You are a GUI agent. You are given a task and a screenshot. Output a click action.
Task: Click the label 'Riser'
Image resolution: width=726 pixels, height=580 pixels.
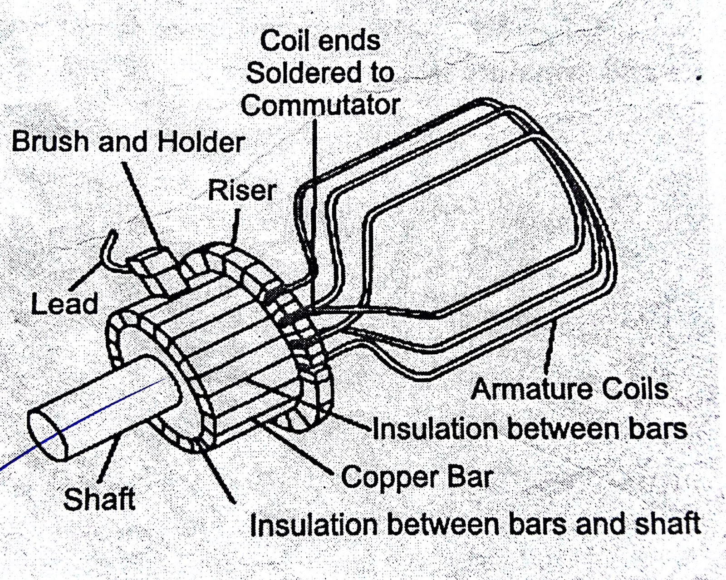[242, 190]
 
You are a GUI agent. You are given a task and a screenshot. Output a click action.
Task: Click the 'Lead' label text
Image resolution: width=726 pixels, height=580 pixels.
[64, 303]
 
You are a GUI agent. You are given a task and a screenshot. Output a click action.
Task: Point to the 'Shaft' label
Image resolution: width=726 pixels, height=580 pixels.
[99, 499]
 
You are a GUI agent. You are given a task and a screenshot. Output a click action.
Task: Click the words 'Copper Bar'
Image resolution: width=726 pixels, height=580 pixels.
[417, 477]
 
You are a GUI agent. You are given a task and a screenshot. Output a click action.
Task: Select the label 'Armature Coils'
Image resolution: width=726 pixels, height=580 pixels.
[570, 390]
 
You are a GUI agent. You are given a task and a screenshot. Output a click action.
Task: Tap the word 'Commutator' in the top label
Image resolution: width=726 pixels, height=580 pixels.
[320, 105]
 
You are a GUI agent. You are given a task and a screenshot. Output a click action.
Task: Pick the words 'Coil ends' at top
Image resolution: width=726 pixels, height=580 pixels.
[320, 41]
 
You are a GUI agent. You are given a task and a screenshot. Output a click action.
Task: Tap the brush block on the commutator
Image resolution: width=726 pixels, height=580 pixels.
[157, 273]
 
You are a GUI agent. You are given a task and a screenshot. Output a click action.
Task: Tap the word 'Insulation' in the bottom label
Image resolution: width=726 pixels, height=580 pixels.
[314, 525]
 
